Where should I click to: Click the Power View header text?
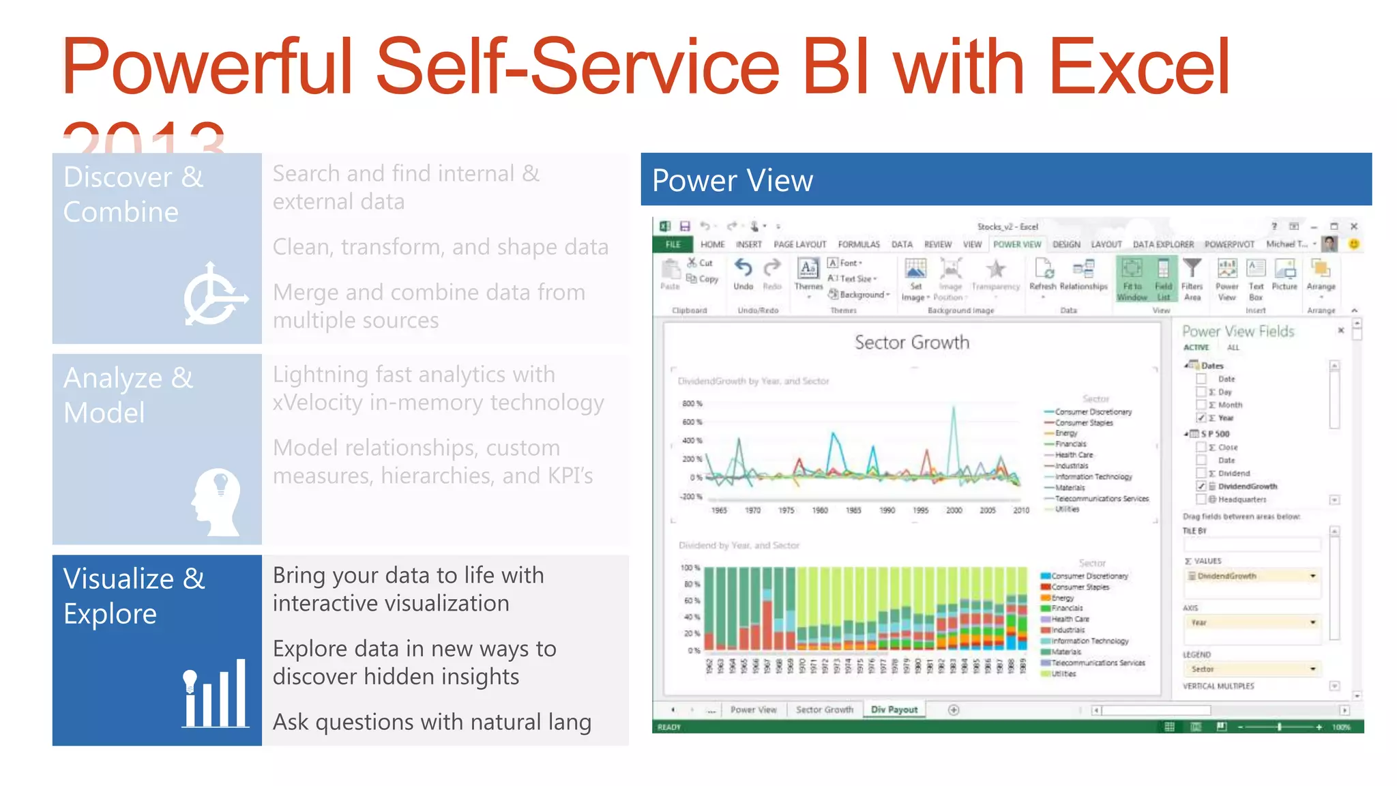(732, 181)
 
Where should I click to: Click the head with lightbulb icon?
(217, 501)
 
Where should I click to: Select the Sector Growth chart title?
(911, 343)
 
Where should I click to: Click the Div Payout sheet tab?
(894, 710)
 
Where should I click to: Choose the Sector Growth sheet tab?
(824, 710)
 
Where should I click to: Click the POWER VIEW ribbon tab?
(1016, 244)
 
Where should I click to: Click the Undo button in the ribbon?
(743, 274)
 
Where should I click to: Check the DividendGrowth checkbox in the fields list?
(1201, 486)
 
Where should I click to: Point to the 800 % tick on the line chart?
(692, 404)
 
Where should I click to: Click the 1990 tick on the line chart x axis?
(887, 510)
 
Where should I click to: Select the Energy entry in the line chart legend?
(1066, 433)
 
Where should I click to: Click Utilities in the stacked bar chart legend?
(1063, 673)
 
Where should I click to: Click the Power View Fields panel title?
(1237, 332)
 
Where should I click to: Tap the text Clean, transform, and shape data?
(440, 247)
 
